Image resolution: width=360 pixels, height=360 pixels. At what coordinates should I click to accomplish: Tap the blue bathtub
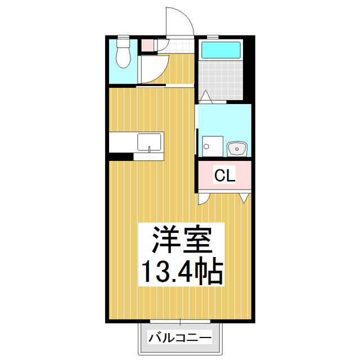click(x=220, y=51)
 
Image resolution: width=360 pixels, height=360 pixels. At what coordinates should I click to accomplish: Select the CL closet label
click(x=225, y=176)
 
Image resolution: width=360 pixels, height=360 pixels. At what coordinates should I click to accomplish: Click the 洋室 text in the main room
click(x=181, y=241)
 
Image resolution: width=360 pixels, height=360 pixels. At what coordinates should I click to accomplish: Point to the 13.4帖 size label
click(x=181, y=271)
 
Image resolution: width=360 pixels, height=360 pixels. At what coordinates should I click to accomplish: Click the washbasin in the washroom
click(x=236, y=149)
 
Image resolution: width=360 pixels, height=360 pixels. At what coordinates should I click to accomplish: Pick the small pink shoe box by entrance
click(x=147, y=44)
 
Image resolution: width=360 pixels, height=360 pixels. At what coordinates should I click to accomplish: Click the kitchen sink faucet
click(x=150, y=149)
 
